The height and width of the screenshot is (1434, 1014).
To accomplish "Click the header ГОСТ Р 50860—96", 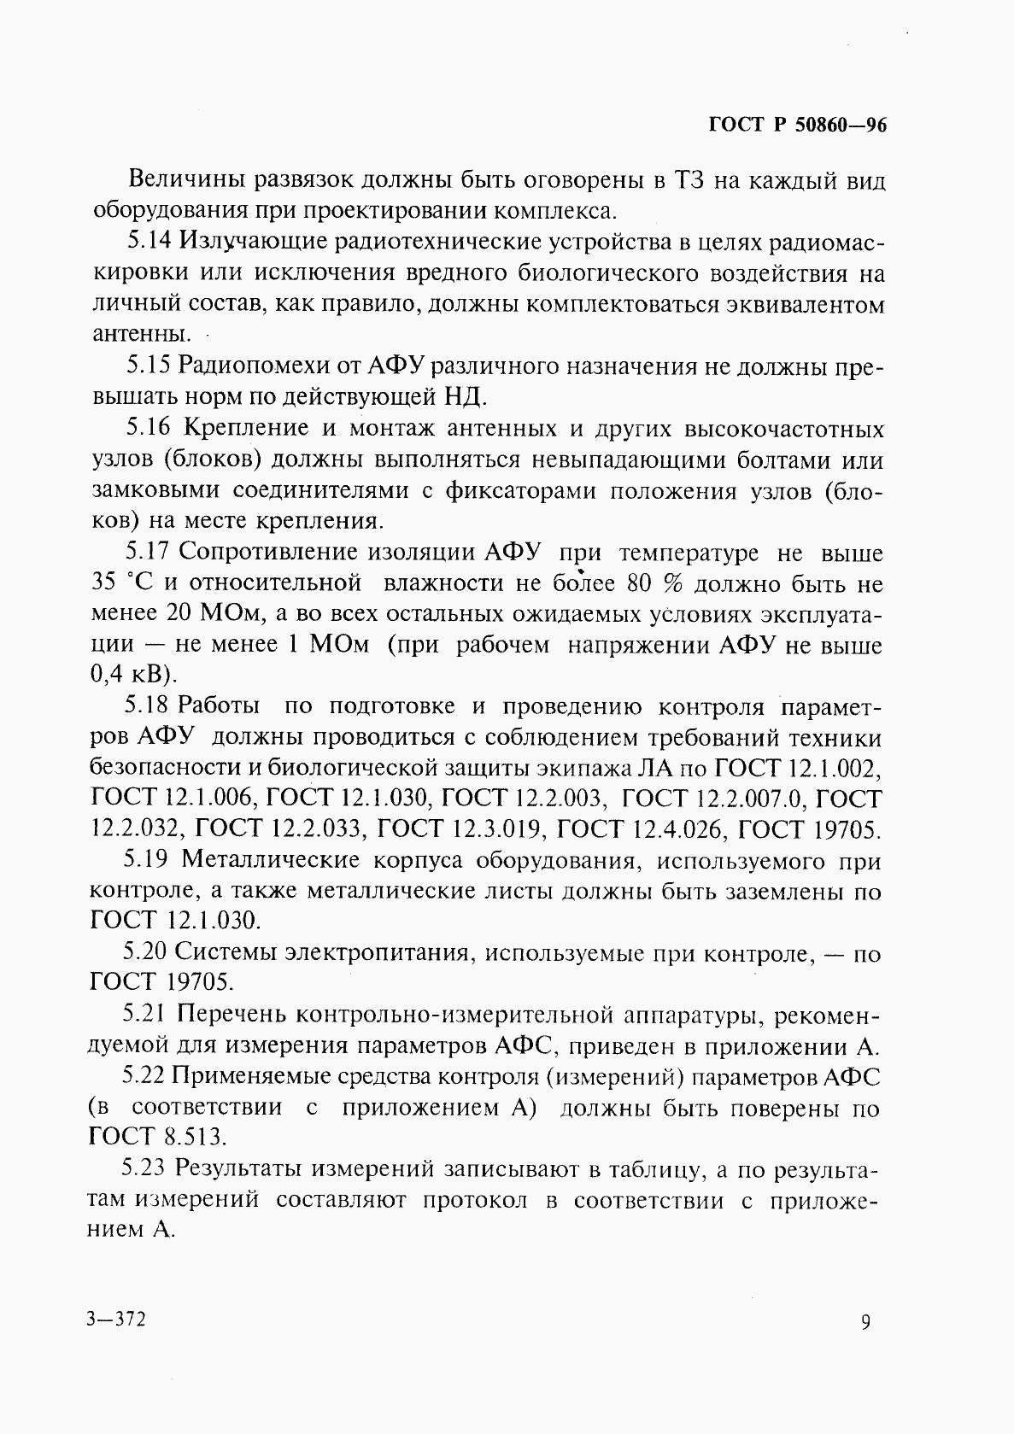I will (798, 126).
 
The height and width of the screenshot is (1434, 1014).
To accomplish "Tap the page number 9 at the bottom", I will (866, 1321).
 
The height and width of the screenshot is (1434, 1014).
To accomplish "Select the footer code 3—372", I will (116, 1319).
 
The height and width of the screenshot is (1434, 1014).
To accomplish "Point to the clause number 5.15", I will (149, 366).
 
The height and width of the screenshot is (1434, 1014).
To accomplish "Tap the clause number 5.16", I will (149, 428).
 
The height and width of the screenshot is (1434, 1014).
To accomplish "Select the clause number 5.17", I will (149, 553).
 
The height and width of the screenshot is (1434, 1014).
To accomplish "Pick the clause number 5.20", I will (146, 953).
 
